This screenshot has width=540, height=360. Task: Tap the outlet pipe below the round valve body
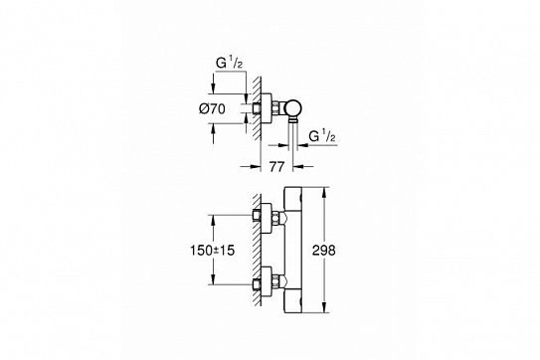point(295,130)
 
